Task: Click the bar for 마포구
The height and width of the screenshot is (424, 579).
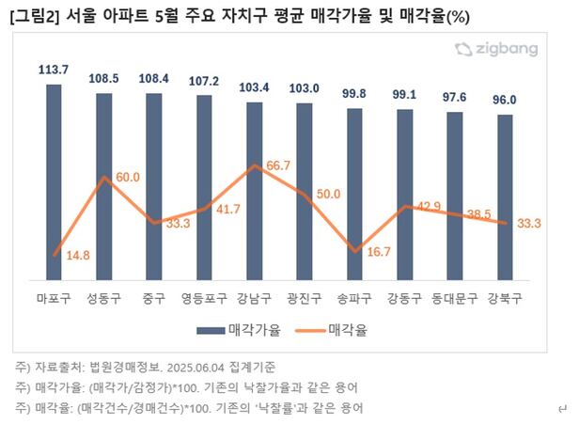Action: [54, 179]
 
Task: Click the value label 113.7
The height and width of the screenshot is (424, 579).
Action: [54, 69]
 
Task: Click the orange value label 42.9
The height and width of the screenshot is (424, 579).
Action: [429, 207]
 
